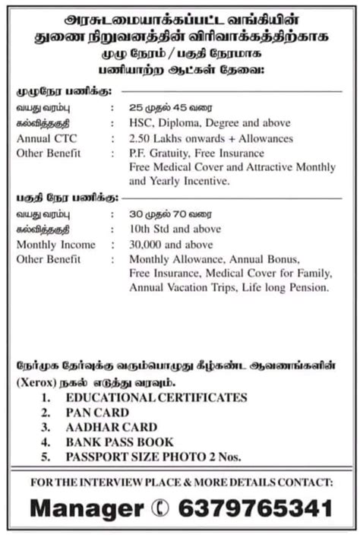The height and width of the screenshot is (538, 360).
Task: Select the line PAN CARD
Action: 97,413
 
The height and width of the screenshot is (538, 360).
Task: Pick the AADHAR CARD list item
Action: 111,427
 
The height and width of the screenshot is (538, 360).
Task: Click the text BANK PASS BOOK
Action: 119,441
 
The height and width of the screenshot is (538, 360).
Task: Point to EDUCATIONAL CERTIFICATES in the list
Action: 156,397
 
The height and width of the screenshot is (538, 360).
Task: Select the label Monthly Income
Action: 56,245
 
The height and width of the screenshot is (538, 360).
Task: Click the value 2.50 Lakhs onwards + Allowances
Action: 211,139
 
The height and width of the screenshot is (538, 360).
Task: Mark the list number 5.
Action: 46,456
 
